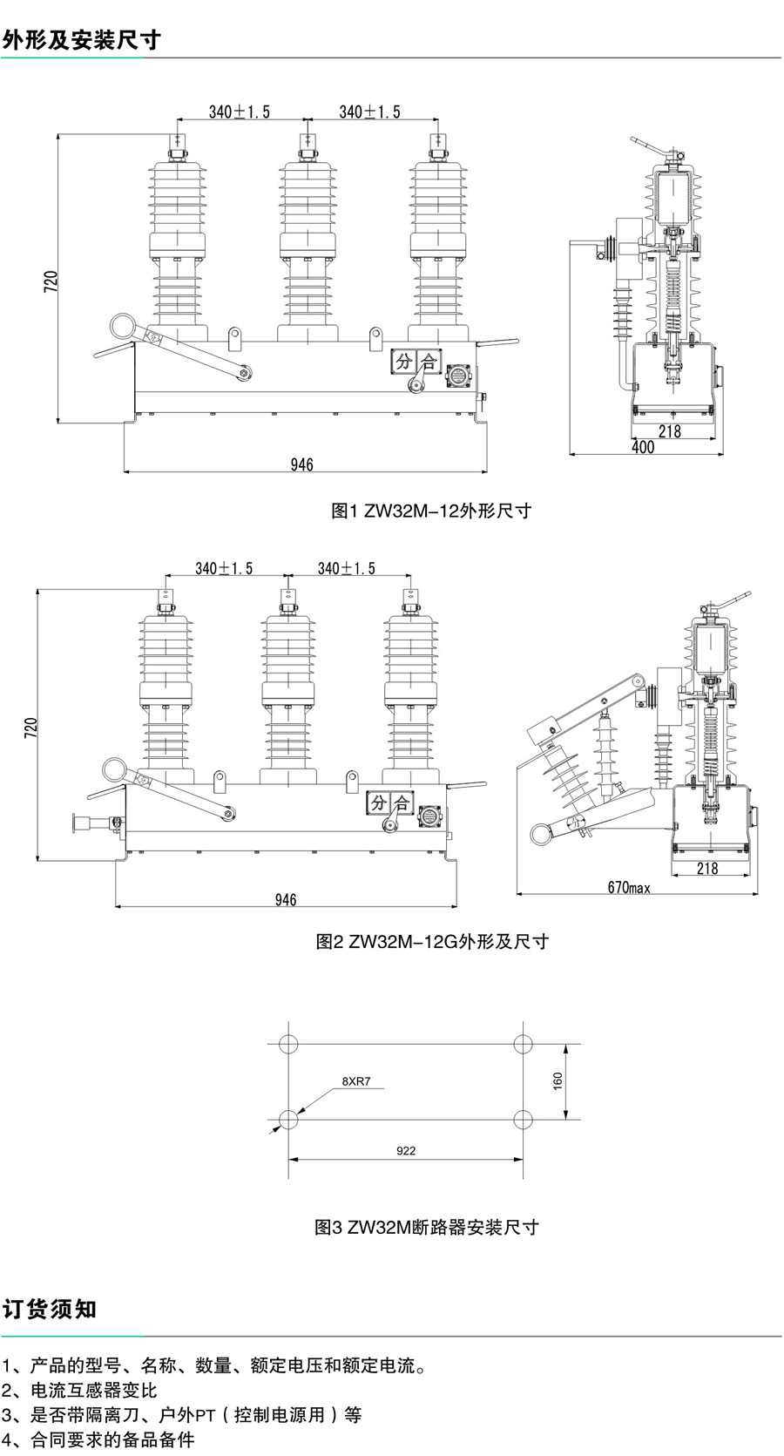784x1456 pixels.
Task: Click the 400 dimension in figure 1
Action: (x=643, y=447)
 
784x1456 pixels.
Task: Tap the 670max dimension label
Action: (x=629, y=887)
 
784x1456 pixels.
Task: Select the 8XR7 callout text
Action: (x=355, y=1081)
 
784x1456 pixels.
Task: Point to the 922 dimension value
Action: (x=406, y=1150)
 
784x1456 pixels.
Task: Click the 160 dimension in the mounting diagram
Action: (x=558, y=1080)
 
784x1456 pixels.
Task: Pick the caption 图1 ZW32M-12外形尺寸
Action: (x=431, y=511)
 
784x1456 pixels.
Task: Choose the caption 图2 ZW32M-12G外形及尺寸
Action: (x=432, y=941)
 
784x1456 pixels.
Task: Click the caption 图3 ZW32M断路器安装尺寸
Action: (x=427, y=1227)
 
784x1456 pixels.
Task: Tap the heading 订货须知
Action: (x=50, y=1309)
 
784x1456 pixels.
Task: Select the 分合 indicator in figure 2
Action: (x=389, y=802)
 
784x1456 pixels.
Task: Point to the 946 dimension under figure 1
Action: (x=301, y=464)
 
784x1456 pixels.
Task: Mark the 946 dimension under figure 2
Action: (x=286, y=899)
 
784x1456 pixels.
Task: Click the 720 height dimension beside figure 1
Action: (x=51, y=281)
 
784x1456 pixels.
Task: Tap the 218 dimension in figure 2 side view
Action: (x=707, y=868)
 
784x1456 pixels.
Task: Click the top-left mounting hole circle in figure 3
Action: (x=288, y=1044)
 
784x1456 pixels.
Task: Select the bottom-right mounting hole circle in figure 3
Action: (x=523, y=1119)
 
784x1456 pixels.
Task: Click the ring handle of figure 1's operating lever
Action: (x=121, y=327)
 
